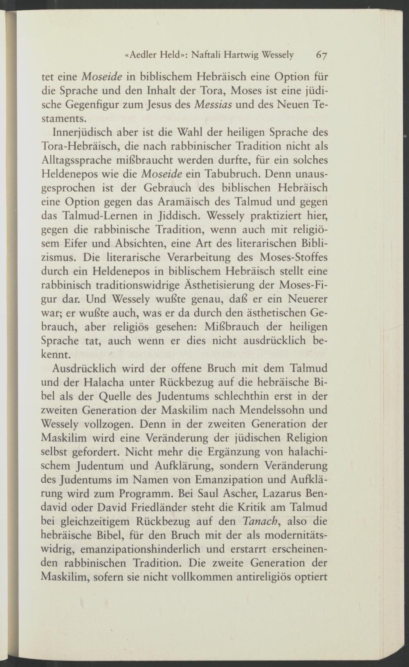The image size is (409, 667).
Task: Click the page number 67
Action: coord(323,56)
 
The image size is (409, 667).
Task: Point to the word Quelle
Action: coord(117,397)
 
